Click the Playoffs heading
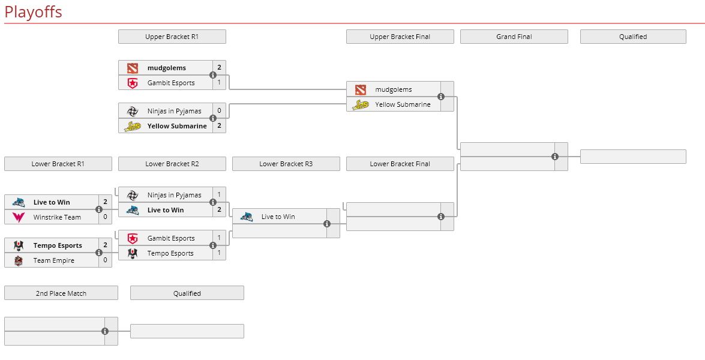click(x=33, y=12)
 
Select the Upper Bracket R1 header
click(x=172, y=37)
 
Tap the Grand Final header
click(x=514, y=37)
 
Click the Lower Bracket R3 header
click(x=286, y=164)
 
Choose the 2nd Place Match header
click(x=61, y=293)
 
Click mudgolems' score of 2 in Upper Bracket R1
click(x=219, y=68)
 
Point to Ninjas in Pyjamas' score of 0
click(x=219, y=111)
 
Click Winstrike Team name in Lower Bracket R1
click(x=57, y=217)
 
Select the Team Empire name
click(x=54, y=260)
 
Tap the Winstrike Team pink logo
click(x=18, y=217)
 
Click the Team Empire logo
click(x=18, y=260)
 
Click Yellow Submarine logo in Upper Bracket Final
click(x=360, y=105)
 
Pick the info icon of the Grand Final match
click(x=554, y=157)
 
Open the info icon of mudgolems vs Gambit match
click(x=213, y=75)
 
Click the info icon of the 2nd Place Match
click(x=105, y=331)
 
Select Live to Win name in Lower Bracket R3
click(x=278, y=217)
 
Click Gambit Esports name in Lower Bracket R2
click(x=171, y=238)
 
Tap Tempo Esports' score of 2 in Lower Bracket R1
click(x=105, y=245)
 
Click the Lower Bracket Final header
click(x=400, y=164)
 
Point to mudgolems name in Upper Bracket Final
click(x=394, y=89)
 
